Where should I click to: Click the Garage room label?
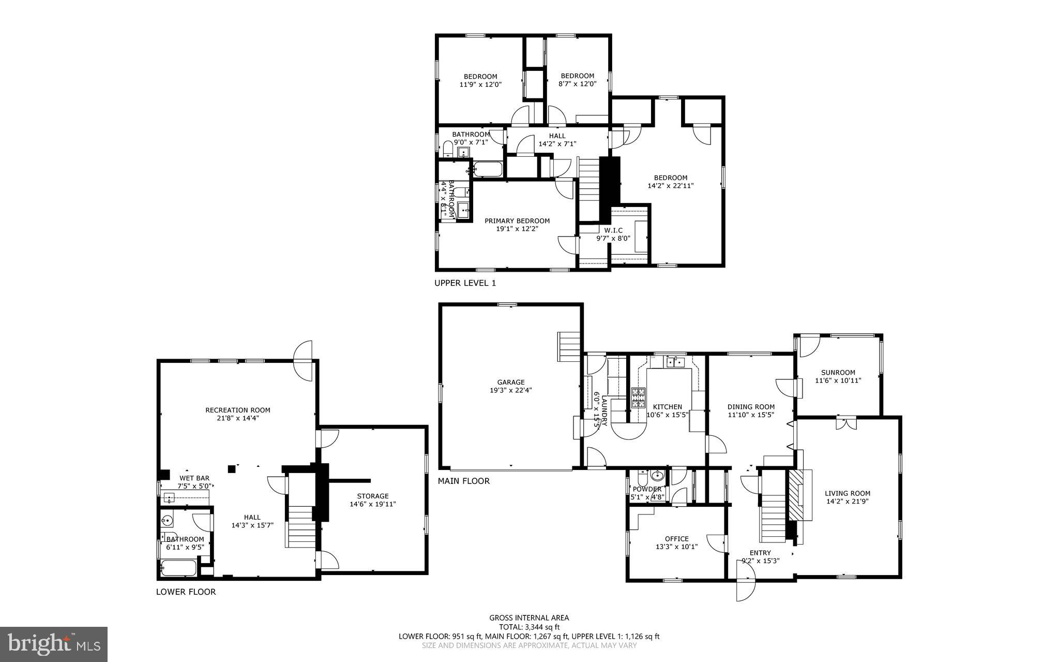pyautogui.click(x=511, y=383)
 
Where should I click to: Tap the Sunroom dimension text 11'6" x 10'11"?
pyautogui.click(x=838, y=380)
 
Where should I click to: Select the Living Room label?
pyautogui.click(x=847, y=493)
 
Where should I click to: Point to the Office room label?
pyautogui.click(x=676, y=539)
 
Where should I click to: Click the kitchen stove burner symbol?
pyautogui.click(x=638, y=397)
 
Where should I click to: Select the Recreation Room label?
pyautogui.click(x=237, y=410)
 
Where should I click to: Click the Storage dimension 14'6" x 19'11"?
pyautogui.click(x=372, y=504)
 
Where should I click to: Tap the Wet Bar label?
pyautogui.click(x=194, y=478)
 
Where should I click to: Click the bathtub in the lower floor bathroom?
pyautogui.click(x=178, y=568)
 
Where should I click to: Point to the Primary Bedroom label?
pyautogui.click(x=517, y=220)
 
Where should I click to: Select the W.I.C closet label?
pyautogui.click(x=613, y=230)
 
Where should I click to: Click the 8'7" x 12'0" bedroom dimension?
pyautogui.click(x=577, y=83)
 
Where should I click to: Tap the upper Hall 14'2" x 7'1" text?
pyautogui.click(x=557, y=144)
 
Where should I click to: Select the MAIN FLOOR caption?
pyautogui.click(x=463, y=481)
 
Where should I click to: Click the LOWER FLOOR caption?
pyautogui.click(x=186, y=592)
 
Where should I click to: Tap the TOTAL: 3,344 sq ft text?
pyautogui.click(x=529, y=627)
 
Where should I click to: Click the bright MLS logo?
pyautogui.click(x=54, y=644)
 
